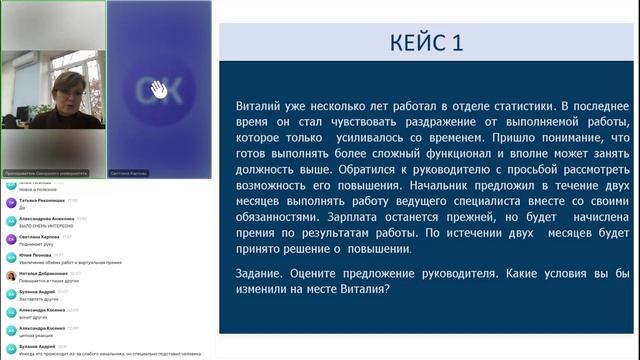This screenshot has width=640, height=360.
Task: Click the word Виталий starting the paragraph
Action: click(x=255, y=105)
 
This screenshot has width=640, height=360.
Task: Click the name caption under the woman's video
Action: click(x=46, y=173)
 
